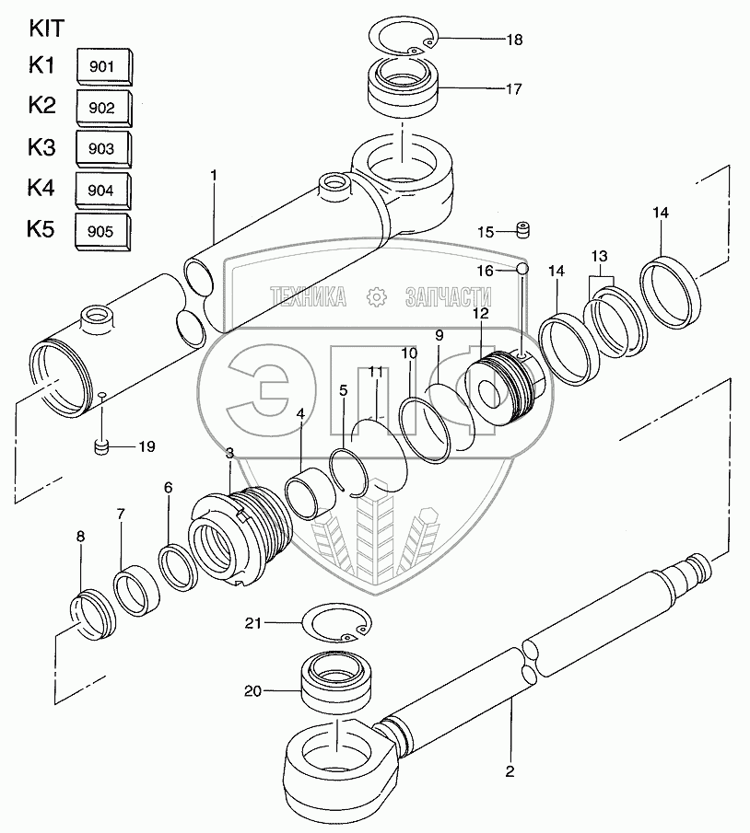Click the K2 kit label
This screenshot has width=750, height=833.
pos(42,105)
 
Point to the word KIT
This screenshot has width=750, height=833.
pos(46,28)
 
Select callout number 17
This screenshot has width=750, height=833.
pos(513,89)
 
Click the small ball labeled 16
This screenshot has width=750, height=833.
pos(521,269)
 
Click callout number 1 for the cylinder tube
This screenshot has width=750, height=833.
pos(213,173)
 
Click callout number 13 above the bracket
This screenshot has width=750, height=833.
pos(599,255)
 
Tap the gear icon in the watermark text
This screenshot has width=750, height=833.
pos(375,296)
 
